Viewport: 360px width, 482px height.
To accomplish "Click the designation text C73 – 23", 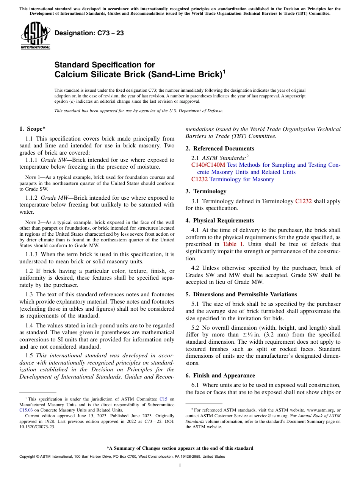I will [89, 33].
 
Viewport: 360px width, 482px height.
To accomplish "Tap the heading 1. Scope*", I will [33, 129].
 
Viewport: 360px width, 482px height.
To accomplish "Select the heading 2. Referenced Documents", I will [220, 149].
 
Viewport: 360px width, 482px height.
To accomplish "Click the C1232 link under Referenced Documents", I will [199, 179].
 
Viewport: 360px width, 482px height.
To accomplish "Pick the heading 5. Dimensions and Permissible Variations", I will [241, 294].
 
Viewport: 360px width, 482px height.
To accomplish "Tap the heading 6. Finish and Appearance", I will [220, 376].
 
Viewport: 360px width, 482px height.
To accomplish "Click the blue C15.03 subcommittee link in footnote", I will [25, 410].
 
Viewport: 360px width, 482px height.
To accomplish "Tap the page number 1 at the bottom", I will [180, 466].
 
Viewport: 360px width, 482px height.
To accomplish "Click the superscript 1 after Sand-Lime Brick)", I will [224, 71].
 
